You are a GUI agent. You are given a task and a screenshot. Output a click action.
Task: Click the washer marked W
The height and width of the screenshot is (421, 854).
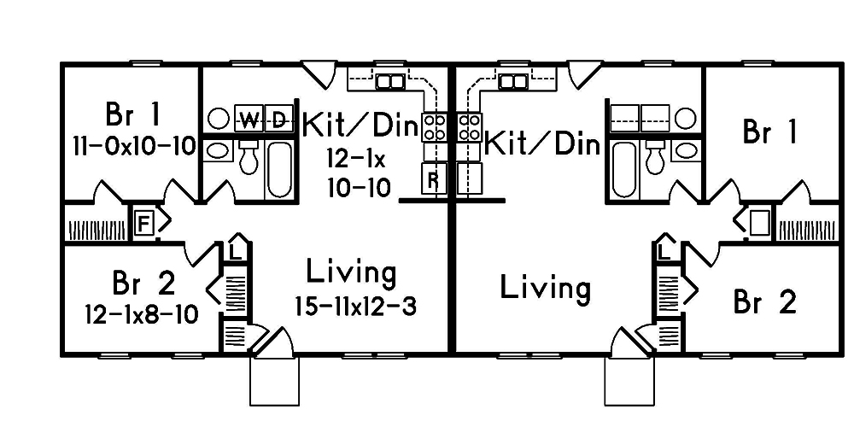point(249,119)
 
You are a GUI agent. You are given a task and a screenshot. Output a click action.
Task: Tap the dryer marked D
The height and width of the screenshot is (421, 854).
point(278,119)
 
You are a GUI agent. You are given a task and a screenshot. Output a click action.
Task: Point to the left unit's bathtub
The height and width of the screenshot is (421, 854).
point(278,169)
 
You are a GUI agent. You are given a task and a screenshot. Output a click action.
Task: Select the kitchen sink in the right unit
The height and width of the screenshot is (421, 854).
point(512,82)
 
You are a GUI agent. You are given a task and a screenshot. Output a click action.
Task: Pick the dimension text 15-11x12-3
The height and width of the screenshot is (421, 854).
point(355,306)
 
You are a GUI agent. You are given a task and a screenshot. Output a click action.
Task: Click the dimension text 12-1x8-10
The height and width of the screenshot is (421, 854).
point(141,314)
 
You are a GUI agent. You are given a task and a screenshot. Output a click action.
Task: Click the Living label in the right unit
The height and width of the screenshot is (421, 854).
point(545,288)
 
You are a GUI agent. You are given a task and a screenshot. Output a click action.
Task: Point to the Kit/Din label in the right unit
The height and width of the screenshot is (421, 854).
point(542,143)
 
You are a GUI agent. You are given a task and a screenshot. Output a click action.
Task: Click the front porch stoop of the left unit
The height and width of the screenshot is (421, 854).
point(274,381)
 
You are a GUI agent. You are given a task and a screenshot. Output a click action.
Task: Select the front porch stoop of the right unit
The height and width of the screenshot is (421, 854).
point(629,381)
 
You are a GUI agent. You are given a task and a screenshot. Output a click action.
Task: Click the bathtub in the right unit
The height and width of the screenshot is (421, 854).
point(624,169)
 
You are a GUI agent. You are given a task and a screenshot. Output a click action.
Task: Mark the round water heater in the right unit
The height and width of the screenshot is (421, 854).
point(686,118)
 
